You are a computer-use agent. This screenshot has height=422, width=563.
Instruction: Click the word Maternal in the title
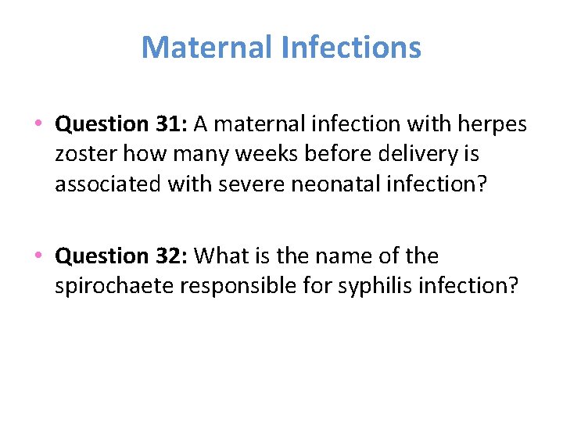coord(206,48)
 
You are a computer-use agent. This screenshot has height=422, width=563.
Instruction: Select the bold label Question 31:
coord(122,124)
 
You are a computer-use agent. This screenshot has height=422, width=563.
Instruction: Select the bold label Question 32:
coord(122,256)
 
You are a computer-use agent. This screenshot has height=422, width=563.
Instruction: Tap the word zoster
coord(84,154)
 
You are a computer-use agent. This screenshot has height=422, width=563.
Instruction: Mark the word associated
coord(108,184)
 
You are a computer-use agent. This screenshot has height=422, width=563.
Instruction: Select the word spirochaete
coord(114,286)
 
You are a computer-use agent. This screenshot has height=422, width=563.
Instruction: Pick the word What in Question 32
coord(219,256)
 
